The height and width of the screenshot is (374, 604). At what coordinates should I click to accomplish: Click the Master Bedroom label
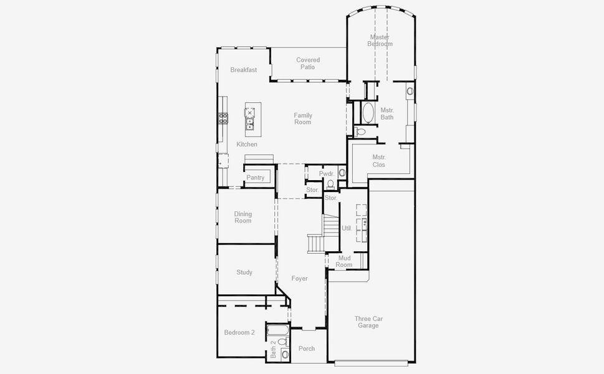[x=380, y=41]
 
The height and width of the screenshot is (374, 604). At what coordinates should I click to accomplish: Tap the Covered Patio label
[x=308, y=64]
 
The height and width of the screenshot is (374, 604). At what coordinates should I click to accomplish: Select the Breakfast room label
[x=243, y=70]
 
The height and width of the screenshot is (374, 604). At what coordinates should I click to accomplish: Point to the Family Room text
[x=303, y=118]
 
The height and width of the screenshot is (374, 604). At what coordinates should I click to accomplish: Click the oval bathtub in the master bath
[x=367, y=113]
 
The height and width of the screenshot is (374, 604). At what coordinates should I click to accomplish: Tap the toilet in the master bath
[x=360, y=132]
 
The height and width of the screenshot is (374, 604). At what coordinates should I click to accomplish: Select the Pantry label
[x=255, y=178]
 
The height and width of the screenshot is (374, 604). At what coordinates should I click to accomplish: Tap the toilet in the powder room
[x=330, y=184]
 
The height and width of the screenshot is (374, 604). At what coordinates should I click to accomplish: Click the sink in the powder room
[x=342, y=173]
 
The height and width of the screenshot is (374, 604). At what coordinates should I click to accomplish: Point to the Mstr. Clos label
[x=379, y=161]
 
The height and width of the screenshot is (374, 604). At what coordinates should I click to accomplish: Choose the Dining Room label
[x=243, y=218]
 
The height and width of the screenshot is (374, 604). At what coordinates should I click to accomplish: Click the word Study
[x=244, y=272]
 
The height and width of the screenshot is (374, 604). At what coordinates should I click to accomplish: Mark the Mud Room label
[x=344, y=261]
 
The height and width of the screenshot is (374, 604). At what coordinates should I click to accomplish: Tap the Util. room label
[x=347, y=228]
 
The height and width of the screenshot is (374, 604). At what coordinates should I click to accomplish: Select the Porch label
[x=307, y=348]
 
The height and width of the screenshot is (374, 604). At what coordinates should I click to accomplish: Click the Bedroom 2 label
[x=239, y=333]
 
